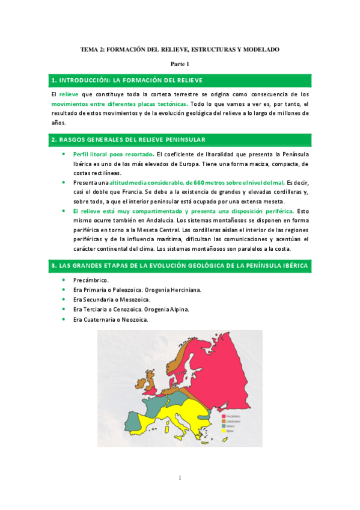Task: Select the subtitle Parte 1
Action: [180, 64]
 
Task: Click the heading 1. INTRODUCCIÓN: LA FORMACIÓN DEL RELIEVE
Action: [127, 80]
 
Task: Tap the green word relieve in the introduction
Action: [69, 94]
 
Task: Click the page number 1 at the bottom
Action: [180, 478]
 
